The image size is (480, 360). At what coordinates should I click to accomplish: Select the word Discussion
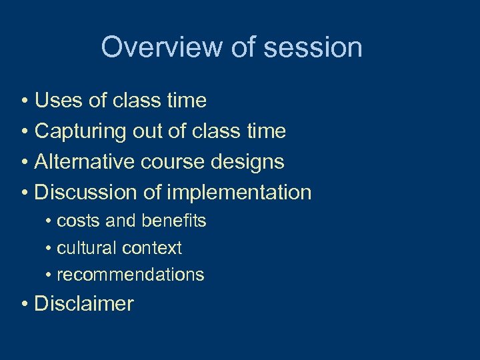87,193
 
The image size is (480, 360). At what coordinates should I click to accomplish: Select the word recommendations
131,275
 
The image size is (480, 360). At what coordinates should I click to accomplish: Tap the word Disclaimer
84,304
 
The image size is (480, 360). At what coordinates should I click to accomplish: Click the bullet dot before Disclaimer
24,305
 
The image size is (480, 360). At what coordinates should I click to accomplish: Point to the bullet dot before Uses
24,101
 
